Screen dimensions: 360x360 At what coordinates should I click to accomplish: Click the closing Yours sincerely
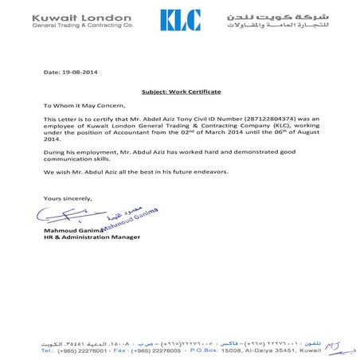tap(68, 198)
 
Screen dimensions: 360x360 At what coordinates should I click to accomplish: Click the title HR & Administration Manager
tap(92, 237)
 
